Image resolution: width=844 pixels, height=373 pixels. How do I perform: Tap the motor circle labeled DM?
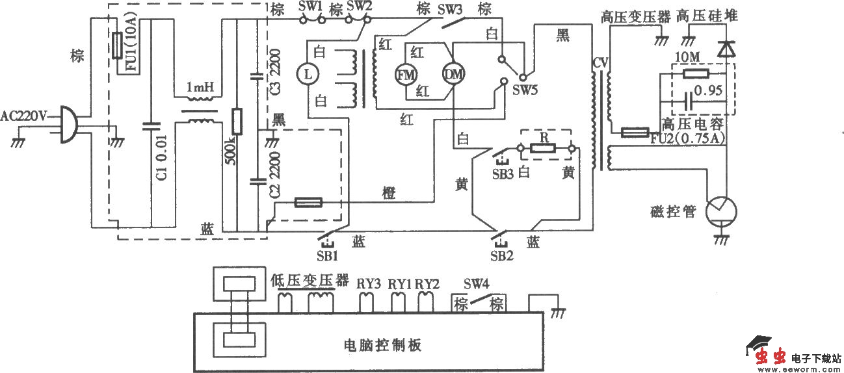(451, 75)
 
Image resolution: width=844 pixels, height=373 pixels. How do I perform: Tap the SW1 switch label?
(310, 7)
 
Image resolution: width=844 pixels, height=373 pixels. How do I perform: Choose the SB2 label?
(503, 254)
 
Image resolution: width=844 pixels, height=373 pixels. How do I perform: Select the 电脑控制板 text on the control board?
(382, 344)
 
